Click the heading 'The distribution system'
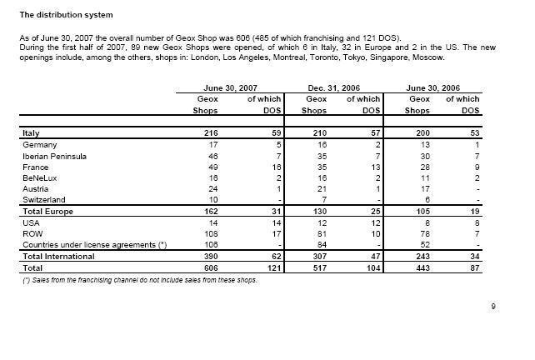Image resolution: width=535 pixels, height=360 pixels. coord(66,15)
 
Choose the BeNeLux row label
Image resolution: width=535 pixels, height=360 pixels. coord(37,177)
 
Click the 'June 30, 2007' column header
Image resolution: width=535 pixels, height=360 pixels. coord(229,87)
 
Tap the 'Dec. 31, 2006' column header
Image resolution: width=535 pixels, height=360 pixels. coord(335,87)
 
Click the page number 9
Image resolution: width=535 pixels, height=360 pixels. coord(493,307)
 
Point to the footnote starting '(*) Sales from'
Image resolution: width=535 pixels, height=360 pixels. coord(139,279)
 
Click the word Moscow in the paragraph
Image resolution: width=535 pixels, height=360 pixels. coord(429,57)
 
